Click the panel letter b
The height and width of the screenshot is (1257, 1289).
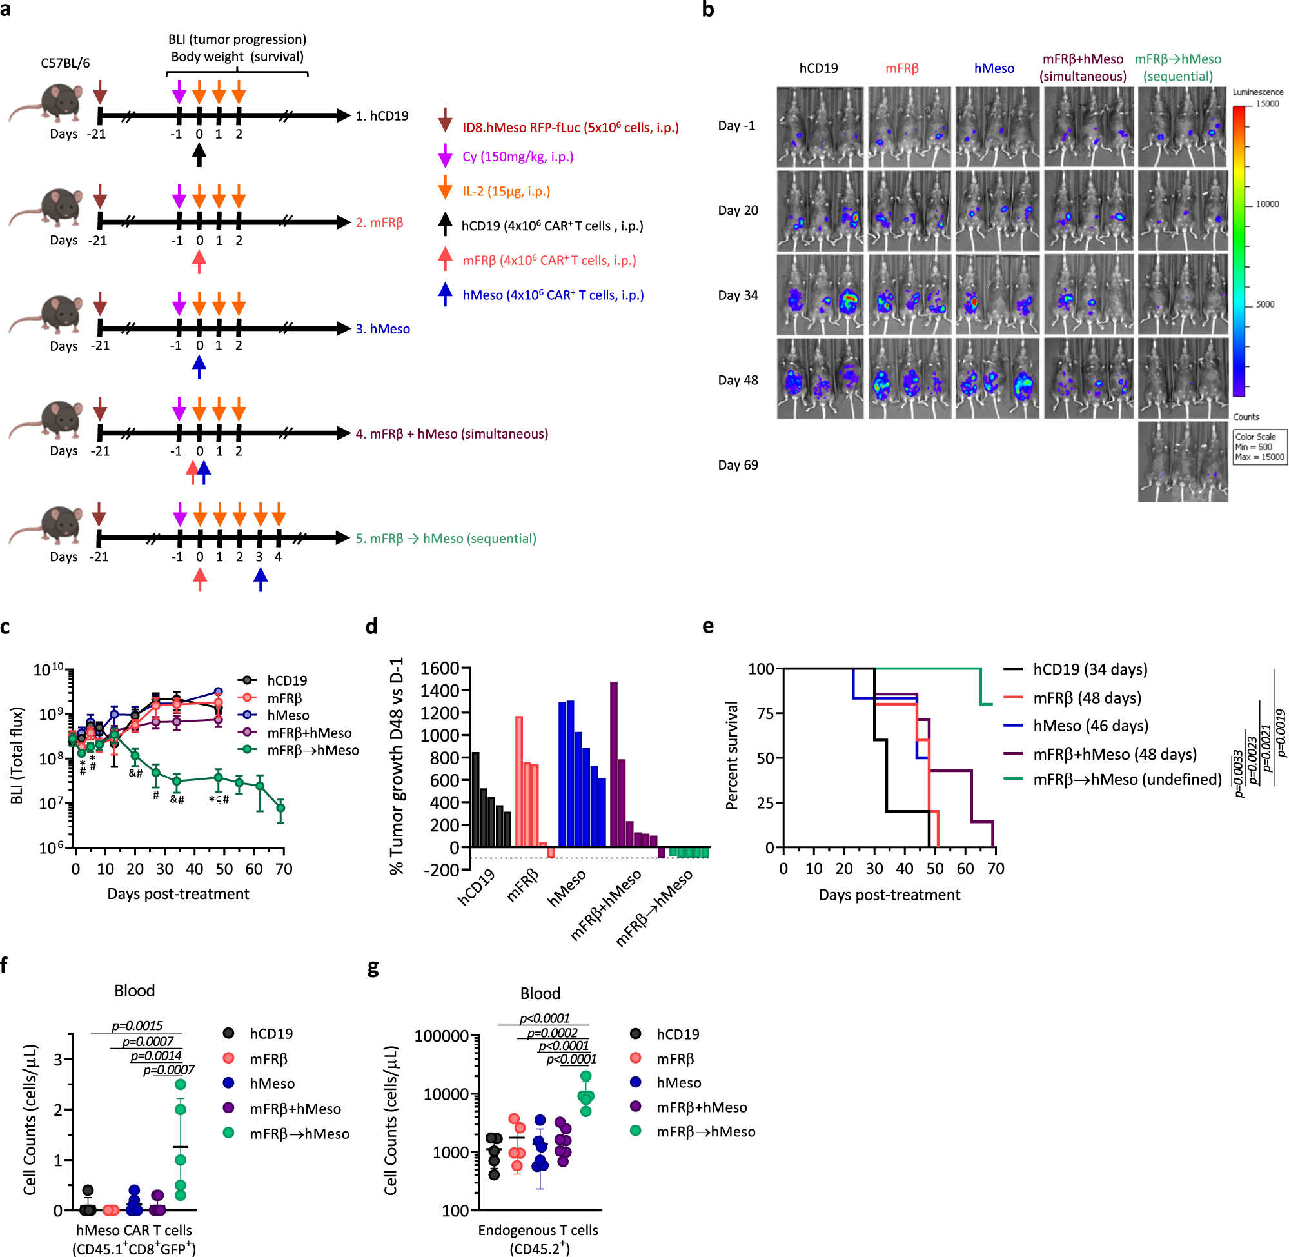pyautogui.click(x=707, y=10)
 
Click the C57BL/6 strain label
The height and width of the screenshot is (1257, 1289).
pyautogui.click(x=65, y=63)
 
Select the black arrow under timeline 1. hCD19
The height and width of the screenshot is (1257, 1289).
pyautogui.click(x=199, y=155)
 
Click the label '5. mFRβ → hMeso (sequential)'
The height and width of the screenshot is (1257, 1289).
pyautogui.click(x=446, y=539)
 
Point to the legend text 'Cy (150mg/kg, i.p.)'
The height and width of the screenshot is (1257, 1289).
pyautogui.click(x=518, y=157)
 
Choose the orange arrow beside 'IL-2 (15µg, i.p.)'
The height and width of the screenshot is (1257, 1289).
pyautogui.click(x=446, y=188)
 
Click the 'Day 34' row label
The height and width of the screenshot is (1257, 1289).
pyautogui.click(x=738, y=295)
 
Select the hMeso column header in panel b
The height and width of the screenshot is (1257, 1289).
pyautogui.click(x=994, y=68)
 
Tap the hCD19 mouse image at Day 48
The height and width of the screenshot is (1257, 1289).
pyautogui.click(x=820, y=379)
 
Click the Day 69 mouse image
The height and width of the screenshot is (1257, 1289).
pyautogui.click(x=1183, y=462)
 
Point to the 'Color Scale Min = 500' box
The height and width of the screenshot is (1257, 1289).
pyautogui.click(x=1259, y=447)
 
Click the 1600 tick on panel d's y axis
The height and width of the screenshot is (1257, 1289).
pyautogui.click(x=440, y=668)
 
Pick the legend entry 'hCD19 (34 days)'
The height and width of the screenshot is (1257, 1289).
pyautogui.click(x=1090, y=669)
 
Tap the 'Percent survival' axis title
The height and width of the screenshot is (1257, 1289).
pyautogui.click(x=731, y=756)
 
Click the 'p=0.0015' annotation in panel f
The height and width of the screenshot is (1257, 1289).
pyautogui.click(x=137, y=1026)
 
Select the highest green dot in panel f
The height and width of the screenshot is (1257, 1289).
pyautogui.click(x=180, y=1084)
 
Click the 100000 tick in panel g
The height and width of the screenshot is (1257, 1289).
pyautogui.click(x=442, y=1036)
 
